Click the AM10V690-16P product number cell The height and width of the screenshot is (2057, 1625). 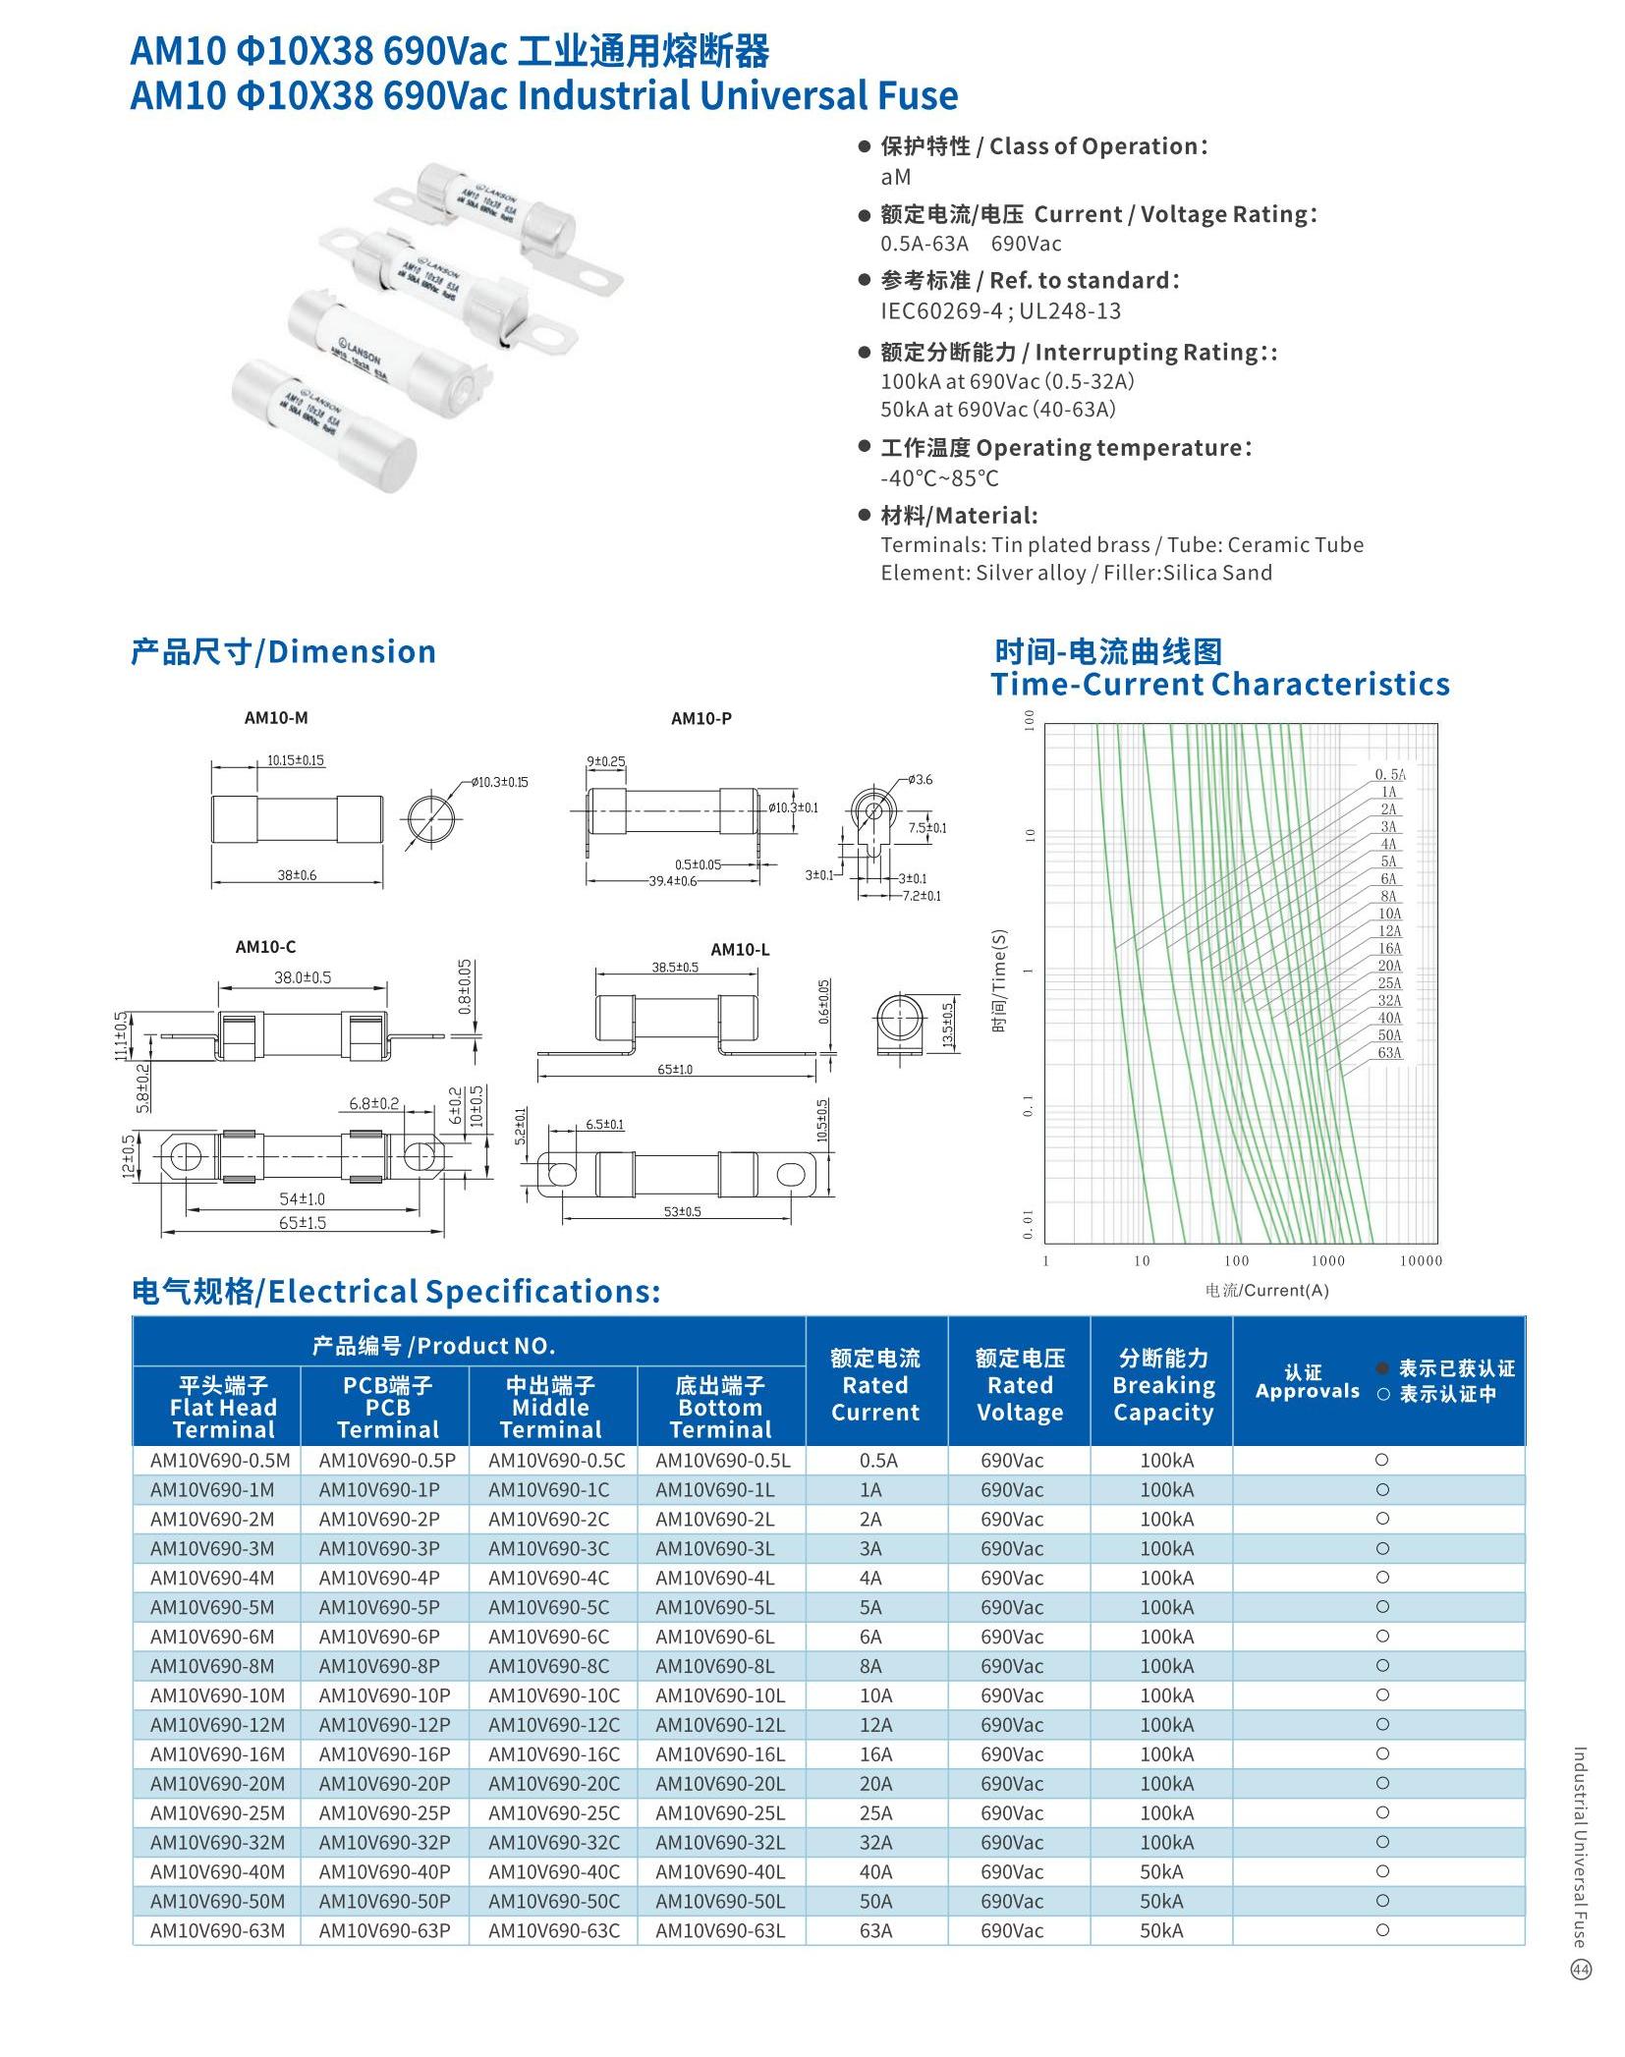pos(384,1753)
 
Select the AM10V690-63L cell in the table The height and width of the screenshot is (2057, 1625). pos(720,1929)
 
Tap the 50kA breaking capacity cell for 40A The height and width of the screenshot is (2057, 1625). pos(1161,1870)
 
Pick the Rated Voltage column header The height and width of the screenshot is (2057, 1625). pos(1019,1385)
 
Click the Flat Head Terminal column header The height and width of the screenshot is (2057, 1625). pos(223,1407)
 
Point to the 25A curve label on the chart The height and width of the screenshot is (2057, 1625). pos(1389,983)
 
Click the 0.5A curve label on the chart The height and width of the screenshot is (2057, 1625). pos(1389,775)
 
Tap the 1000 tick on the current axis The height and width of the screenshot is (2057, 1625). pos(1327,1260)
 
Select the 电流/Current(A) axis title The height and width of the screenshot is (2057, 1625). pos(1266,1290)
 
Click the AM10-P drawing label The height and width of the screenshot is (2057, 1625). pos(700,719)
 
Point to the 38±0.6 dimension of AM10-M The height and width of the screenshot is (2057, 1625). pos(297,875)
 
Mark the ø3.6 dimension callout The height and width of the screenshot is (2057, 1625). pos(920,780)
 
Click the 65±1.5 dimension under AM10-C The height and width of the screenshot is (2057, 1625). pos(303,1223)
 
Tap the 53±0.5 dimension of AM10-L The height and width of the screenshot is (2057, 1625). pos(682,1212)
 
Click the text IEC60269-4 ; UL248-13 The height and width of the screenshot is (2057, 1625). pos(1000,311)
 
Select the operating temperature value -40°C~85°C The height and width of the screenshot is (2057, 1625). pos(939,478)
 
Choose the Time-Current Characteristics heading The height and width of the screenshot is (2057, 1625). pos(1219,685)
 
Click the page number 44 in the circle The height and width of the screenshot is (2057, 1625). pos(1581,1970)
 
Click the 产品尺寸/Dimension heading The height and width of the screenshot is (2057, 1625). pos(283,652)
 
